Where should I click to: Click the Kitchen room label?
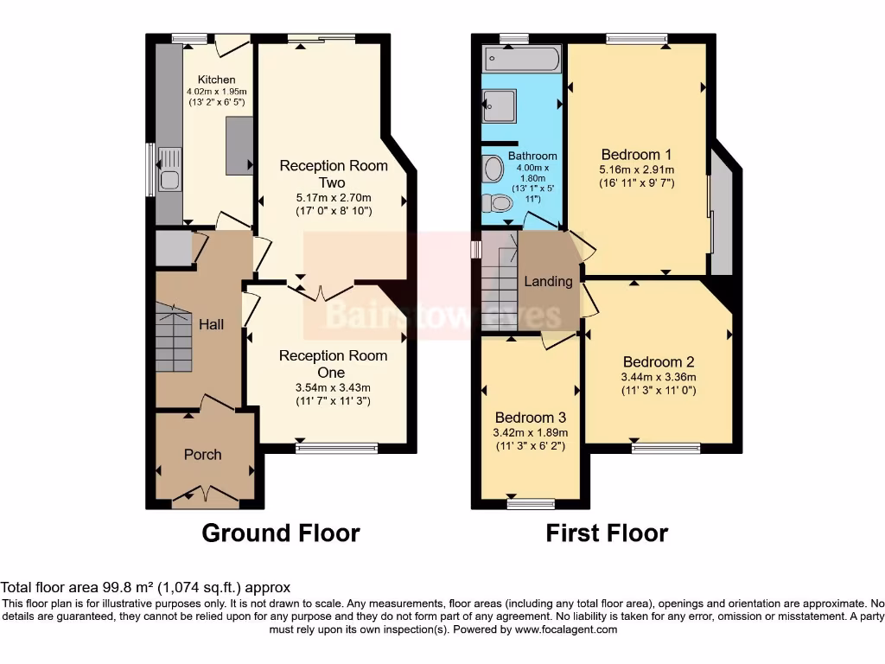(216, 80)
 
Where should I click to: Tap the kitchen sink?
(169, 180)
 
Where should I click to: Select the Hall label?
(211, 324)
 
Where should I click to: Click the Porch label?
(203, 454)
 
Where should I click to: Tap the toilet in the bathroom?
(498, 202)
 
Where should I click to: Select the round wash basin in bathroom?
(493, 168)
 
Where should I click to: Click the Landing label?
(548, 281)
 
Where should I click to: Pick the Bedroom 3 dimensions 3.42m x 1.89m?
(529, 432)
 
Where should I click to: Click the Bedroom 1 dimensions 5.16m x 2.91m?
(637, 169)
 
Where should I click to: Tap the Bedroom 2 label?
(659, 362)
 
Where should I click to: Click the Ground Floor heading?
(280, 533)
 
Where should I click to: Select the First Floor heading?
(607, 533)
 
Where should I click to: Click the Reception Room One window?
(337, 448)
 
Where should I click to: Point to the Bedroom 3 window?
(530, 502)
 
